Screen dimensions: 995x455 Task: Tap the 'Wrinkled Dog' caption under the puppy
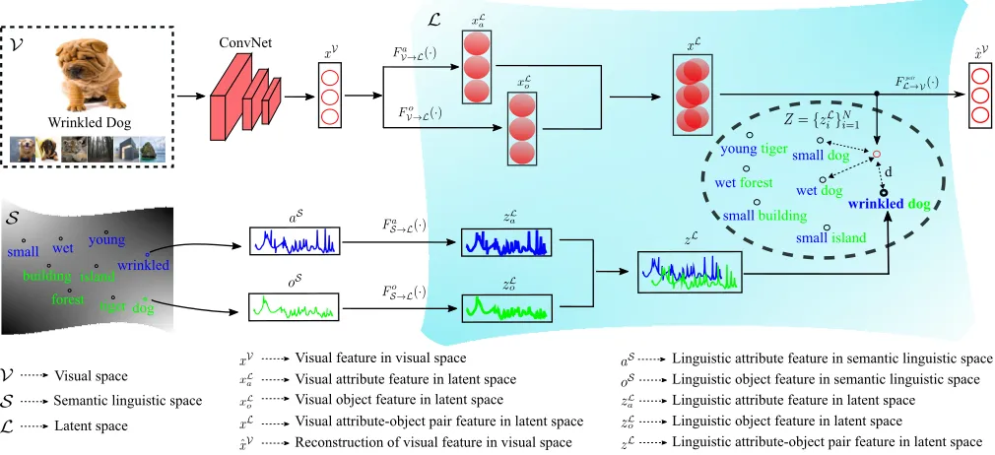(x=89, y=122)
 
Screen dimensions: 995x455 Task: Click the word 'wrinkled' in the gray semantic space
(x=144, y=265)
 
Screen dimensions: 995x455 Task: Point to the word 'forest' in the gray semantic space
(x=69, y=299)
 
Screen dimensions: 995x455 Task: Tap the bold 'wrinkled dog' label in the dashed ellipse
(x=889, y=204)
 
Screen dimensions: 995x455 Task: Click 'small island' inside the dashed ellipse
(x=830, y=238)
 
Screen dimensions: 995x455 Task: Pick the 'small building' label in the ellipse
(x=764, y=215)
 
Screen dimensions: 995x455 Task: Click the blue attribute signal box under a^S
(x=295, y=240)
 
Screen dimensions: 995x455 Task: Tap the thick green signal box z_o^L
(x=506, y=308)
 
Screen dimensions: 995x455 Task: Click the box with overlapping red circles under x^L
(x=693, y=96)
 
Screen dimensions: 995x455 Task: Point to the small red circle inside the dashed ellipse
(x=877, y=155)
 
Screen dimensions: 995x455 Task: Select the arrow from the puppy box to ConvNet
(x=190, y=97)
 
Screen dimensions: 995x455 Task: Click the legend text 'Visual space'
(x=90, y=375)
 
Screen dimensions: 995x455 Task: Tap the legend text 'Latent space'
(x=91, y=425)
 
